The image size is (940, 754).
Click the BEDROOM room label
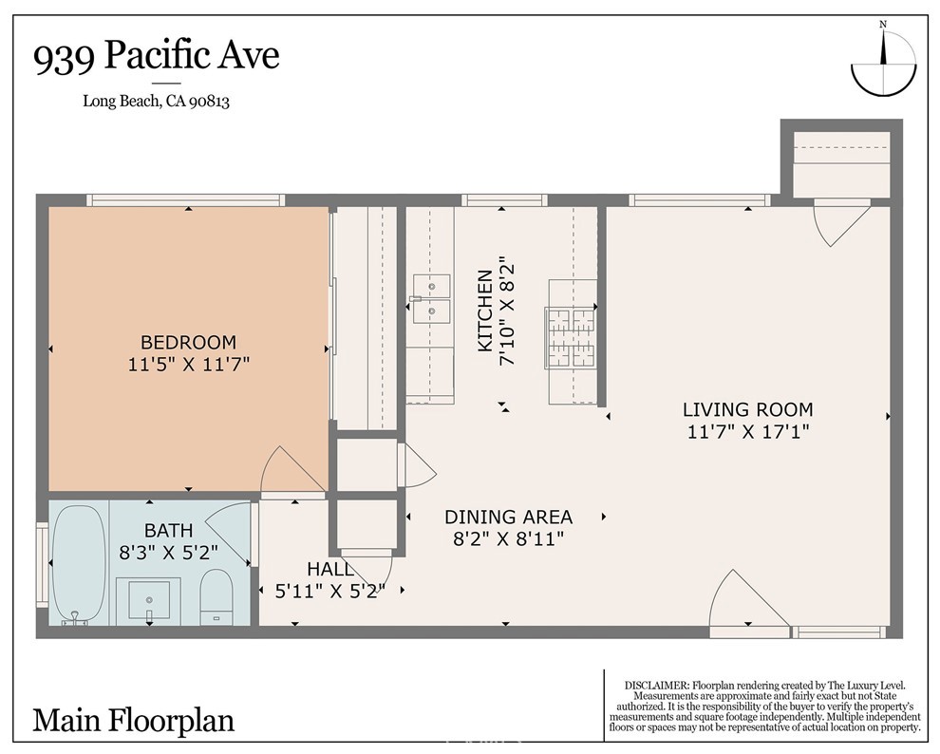(x=188, y=342)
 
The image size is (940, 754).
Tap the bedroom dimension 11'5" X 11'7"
(x=188, y=364)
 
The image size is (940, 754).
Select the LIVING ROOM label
(x=747, y=410)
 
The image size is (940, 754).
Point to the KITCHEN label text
(x=484, y=311)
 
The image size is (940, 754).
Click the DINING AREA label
(x=508, y=518)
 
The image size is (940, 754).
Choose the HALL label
(x=329, y=570)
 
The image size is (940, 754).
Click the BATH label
(x=168, y=530)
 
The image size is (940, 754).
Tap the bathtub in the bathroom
(x=79, y=564)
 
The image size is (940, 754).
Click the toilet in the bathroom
(x=217, y=596)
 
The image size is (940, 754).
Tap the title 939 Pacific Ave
(x=157, y=57)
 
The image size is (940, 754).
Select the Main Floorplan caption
(x=133, y=720)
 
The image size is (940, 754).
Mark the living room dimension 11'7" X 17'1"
(x=747, y=433)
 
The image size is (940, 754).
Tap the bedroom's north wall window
(x=185, y=200)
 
